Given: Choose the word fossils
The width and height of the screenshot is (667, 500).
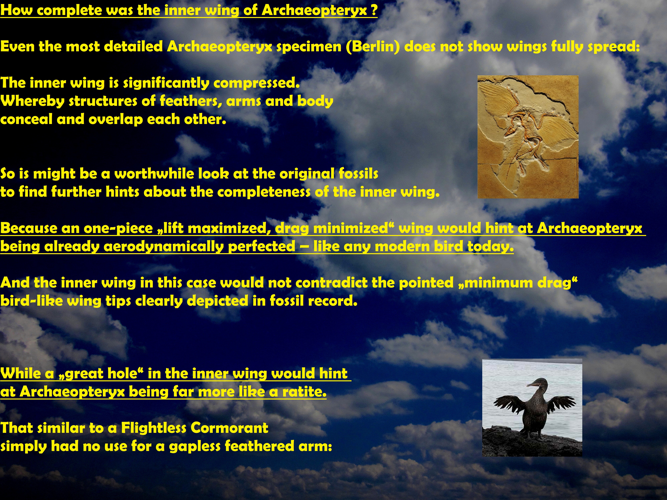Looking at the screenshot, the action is pos(358,174).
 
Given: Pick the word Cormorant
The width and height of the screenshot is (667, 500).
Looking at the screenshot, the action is pos(229,428).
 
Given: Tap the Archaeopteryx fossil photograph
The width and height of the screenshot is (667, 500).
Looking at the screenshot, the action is pos(528,137).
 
